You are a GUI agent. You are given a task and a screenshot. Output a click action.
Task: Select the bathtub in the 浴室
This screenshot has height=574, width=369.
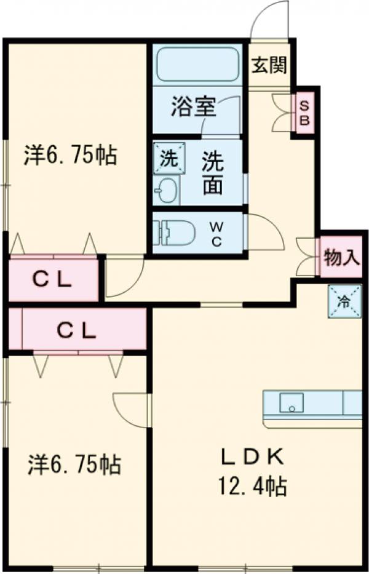pos(197,65)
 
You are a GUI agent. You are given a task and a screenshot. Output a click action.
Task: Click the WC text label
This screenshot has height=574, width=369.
pos(217,234)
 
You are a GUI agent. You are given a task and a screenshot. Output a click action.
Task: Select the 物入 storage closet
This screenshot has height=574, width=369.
pos(341,257)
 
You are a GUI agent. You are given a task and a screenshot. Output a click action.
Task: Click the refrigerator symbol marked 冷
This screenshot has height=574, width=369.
pos(344,302)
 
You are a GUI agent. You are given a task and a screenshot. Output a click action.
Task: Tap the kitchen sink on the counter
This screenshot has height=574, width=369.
pos(293,403)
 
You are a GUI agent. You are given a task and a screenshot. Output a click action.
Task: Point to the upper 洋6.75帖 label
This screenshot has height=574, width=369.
pos(70,155)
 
